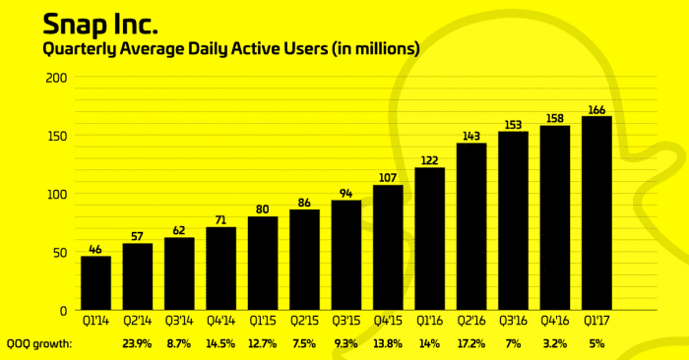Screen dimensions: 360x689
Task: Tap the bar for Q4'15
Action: [x=388, y=247]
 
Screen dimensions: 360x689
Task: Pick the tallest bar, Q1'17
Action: [x=596, y=212]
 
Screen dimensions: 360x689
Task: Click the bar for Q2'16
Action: [x=471, y=226]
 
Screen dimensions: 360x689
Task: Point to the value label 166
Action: [x=596, y=109]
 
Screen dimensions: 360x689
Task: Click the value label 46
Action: [x=95, y=250]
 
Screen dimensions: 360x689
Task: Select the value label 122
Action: [x=429, y=160]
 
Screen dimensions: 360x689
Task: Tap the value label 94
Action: [x=346, y=193]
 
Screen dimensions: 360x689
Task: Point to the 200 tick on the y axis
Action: [x=56, y=78]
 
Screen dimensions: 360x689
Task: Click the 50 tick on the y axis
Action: [x=60, y=253]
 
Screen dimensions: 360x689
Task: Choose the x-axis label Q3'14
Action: [x=179, y=320]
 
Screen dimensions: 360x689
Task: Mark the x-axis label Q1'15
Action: [x=263, y=320]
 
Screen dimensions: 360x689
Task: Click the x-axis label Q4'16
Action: [x=555, y=320]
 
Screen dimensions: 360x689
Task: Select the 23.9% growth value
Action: [x=137, y=344]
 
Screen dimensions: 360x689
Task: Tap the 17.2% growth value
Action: [x=471, y=344]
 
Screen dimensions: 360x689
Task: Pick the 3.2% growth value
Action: [x=555, y=344]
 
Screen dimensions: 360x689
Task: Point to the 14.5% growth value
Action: [x=220, y=344]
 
